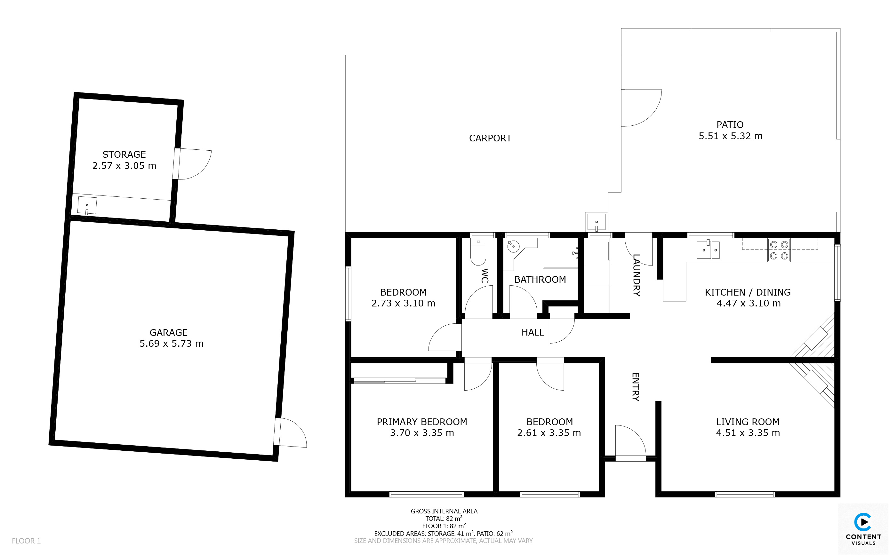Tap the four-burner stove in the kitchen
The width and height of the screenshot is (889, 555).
click(x=779, y=250)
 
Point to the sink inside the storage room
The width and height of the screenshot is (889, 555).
click(x=87, y=206)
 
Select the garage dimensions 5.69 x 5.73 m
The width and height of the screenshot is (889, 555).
click(x=172, y=344)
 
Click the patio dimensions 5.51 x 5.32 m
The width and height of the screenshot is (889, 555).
click(x=730, y=136)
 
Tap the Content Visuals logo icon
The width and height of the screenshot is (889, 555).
click(x=863, y=522)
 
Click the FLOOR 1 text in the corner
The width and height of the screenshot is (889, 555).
click(x=26, y=541)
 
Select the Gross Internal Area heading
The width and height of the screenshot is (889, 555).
click(x=444, y=511)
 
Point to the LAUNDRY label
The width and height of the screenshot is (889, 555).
click(x=637, y=275)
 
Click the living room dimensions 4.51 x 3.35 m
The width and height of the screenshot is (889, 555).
click(x=748, y=433)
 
